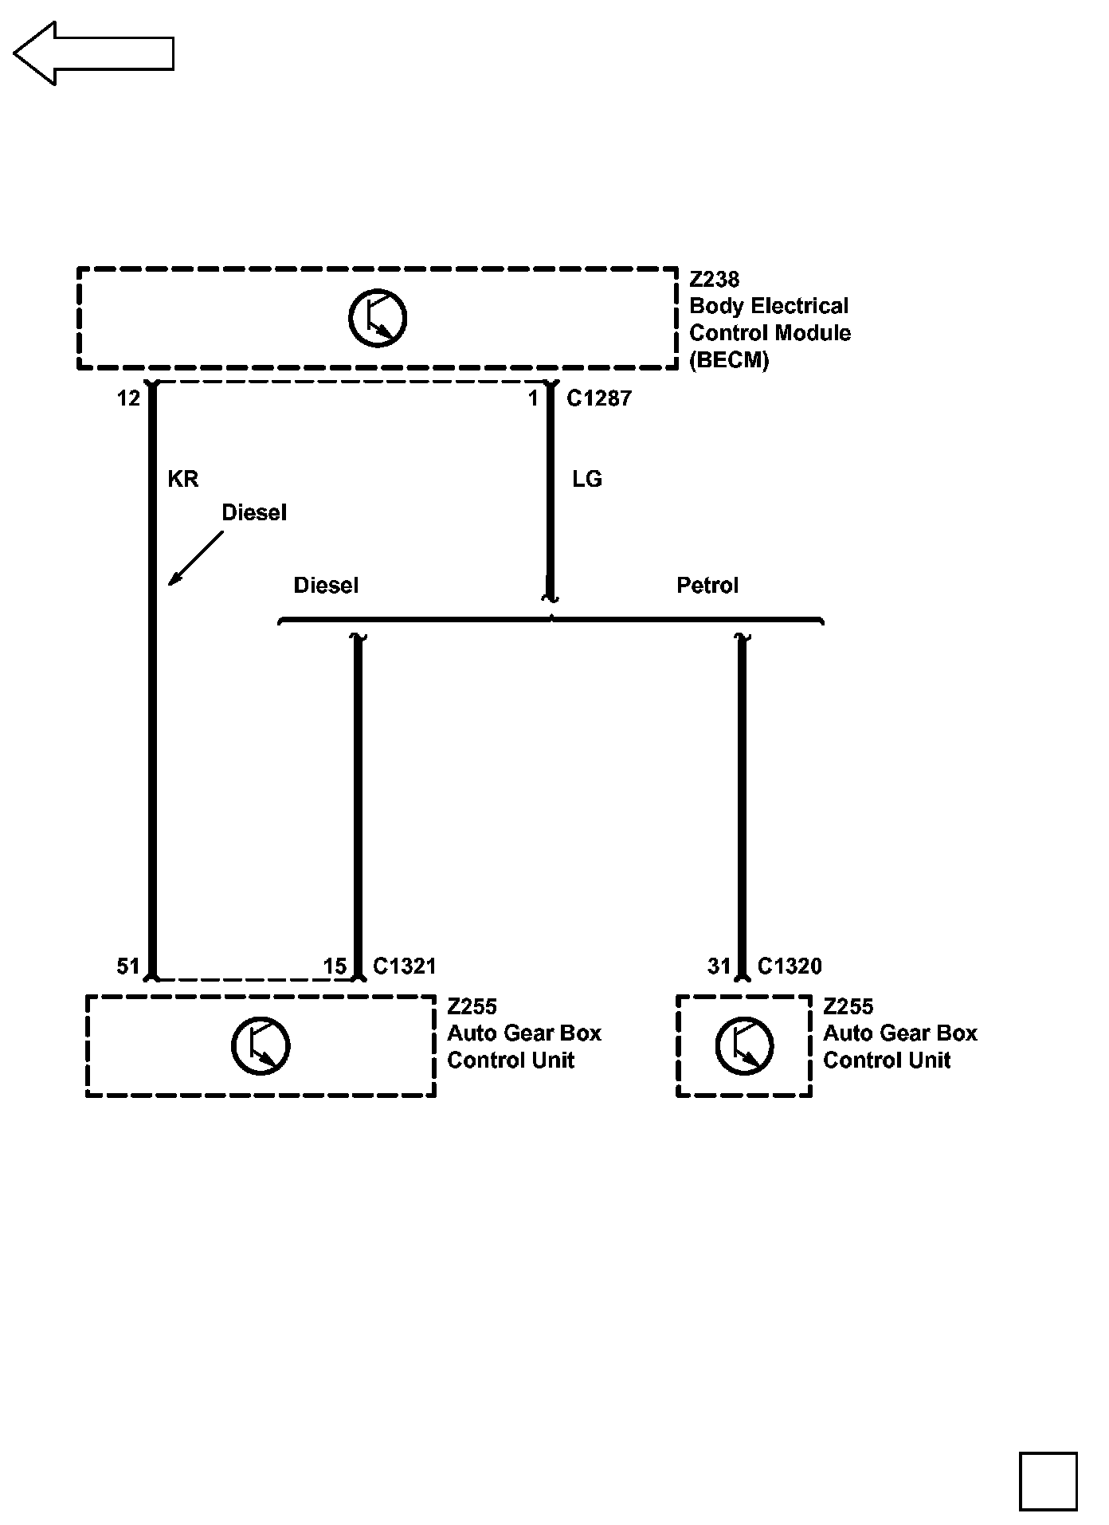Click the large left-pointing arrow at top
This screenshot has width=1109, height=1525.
point(93,53)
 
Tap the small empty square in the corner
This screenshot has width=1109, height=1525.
point(1048,1481)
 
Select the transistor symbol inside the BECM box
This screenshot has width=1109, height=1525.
point(378,317)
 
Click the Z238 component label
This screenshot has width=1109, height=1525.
point(714,280)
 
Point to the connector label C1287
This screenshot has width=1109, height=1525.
point(598,398)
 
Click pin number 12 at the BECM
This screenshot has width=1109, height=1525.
point(128,398)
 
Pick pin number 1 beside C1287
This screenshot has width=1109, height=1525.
point(533,398)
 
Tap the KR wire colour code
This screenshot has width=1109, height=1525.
point(182,479)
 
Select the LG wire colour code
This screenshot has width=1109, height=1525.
point(587,479)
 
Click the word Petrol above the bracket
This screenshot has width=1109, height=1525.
point(707,586)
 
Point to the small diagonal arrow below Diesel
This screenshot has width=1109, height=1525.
point(194,559)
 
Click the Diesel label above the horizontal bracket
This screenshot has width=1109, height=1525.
point(326,586)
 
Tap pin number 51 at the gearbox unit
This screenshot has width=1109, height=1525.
point(128,966)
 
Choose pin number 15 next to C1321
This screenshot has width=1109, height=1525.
point(335,966)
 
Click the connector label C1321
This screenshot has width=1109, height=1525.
point(405,966)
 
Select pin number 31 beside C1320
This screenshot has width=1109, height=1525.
point(719,966)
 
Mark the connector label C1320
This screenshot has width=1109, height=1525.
point(790,966)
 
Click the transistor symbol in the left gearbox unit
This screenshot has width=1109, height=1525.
point(261,1045)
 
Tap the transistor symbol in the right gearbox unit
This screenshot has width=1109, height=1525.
point(744,1045)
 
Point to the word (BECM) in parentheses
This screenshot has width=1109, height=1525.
point(729,360)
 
